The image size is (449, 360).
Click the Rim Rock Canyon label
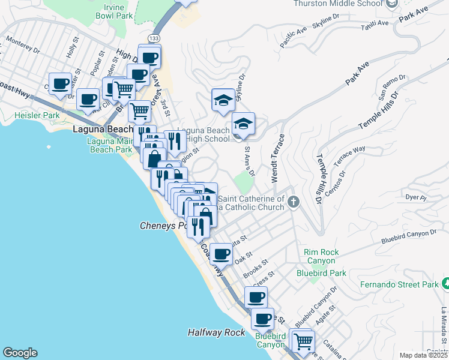click(x=322, y=257)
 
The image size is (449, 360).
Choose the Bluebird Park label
click(x=322, y=273)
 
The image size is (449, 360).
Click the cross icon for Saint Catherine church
click(x=293, y=201)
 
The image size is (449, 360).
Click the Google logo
click(x=20, y=353)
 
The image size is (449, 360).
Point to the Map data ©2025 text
click(x=423, y=355)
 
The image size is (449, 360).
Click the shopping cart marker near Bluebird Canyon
click(x=303, y=341)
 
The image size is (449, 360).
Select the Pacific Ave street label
click(x=293, y=36)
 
